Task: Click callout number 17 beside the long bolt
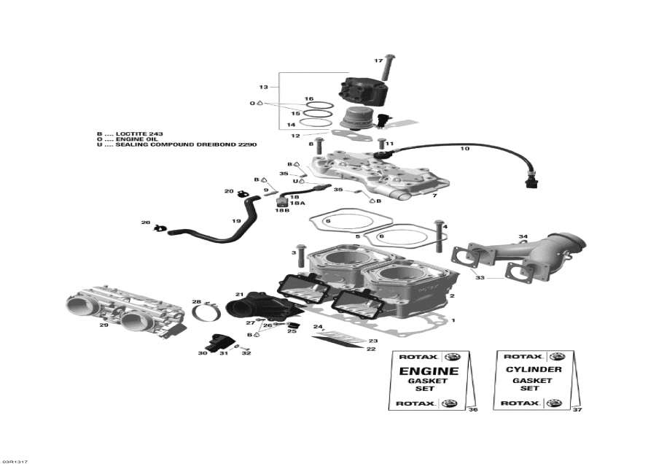[x=378, y=60]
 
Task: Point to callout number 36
[x=473, y=410]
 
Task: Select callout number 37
[x=578, y=410]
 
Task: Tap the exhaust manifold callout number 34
[x=523, y=237]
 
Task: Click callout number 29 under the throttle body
[x=104, y=325]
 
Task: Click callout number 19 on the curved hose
[x=236, y=221]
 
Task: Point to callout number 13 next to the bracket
[x=263, y=87]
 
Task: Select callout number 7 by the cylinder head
[x=434, y=196]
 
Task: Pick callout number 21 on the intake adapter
[x=239, y=295]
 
